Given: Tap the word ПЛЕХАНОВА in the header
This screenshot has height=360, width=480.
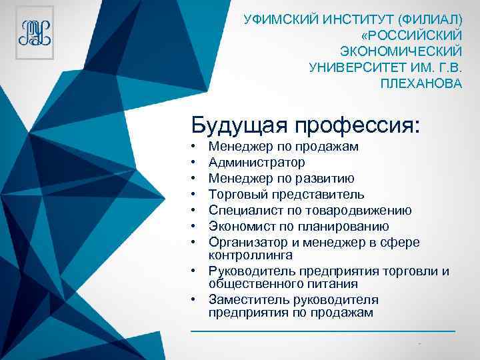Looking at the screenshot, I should (420, 84).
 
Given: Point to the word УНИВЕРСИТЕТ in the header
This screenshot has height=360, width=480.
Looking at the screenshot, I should (351, 67).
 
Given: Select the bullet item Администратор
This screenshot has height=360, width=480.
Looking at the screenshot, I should (257, 162).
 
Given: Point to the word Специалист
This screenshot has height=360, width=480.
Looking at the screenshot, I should (241, 210).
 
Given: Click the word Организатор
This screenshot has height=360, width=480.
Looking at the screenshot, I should (243, 241).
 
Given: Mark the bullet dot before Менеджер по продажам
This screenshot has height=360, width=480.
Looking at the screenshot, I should (191, 146).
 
